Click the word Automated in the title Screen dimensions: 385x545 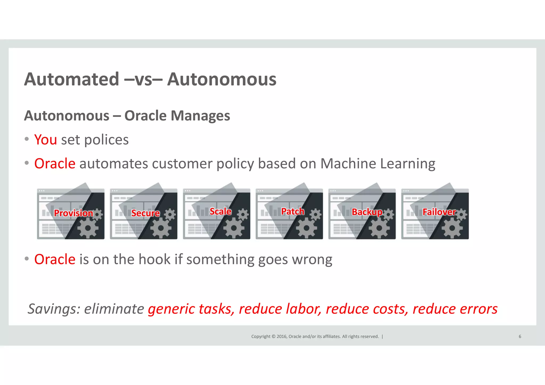[x=71, y=79]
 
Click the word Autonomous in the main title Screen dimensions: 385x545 [x=222, y=79]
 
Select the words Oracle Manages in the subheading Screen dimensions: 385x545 [x=177, y=116]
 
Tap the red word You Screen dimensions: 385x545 [x=46, y=140]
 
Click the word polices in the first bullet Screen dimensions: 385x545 [x=106, y=140]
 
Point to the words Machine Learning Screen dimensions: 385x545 [x=378, y=163]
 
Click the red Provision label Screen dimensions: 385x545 [x=73, y=213]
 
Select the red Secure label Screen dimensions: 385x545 [x=145, y=213]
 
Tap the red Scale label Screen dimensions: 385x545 [x=220, y=211]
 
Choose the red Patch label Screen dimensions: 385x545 [x=292, y=211]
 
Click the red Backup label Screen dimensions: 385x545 [x=367, y=212]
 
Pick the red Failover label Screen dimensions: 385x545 [x=439, y=212]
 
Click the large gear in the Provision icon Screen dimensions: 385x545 [x=88, y=228]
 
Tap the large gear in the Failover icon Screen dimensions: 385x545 [x=452, y=228]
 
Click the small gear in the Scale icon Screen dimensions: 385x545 [x=243, y=214]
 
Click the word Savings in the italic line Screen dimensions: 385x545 [x=54, y=309]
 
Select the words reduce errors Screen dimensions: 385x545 [x=455, y=309]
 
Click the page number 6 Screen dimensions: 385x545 [x=520, y=336]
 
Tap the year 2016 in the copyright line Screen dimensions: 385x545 [x=282, y=336]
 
